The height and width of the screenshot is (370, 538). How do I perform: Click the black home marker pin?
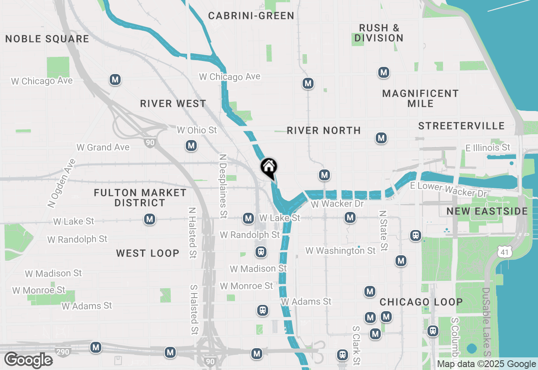[269, 167]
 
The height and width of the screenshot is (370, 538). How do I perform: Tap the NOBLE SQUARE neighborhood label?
[47, 39]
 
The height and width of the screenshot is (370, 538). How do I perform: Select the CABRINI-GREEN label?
[251, 16]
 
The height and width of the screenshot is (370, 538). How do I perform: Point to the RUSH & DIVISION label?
[379, 33]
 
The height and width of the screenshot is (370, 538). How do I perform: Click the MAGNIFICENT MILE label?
[420, 98]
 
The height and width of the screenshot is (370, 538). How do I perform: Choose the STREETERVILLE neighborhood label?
[462, 126]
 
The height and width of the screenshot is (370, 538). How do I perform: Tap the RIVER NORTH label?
[324, 130]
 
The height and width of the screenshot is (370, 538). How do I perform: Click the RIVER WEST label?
[173, 103]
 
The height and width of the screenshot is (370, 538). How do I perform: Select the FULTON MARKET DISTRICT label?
[140, 198]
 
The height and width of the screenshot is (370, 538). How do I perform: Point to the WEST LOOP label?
[148, 253]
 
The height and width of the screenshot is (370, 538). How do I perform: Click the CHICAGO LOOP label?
[421, 302]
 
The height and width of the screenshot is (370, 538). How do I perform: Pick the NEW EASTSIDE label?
[487, 211]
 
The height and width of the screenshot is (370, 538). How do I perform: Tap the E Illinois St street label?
[488, 148]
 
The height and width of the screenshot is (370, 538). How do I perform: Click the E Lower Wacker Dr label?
[448, 190]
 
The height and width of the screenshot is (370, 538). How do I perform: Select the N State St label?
[383, 231]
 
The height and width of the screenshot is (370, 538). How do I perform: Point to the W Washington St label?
[340, 251]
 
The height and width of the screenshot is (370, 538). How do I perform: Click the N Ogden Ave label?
[61, 183]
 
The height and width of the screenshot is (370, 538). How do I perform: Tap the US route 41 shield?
[503, 251]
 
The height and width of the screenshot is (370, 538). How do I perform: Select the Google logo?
[28, 360]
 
